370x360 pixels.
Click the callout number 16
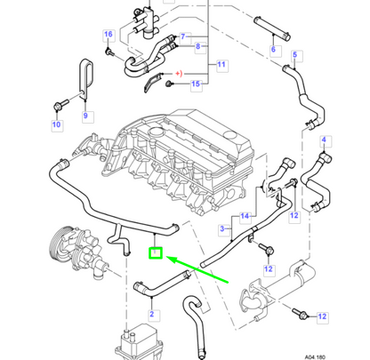tap(109, 35)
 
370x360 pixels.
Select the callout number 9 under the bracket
tap(85, 116)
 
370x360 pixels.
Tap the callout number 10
tap(55, 124)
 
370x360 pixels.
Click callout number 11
tap(222, 65)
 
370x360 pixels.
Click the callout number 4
tap(325, 140)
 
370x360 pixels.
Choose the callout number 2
tap(152, 314)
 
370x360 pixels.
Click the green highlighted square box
tap(155, 254)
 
